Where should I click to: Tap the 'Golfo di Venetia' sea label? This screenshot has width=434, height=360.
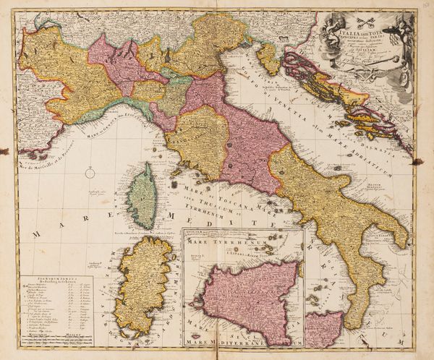click(282, 87)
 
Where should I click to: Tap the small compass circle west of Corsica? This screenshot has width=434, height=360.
click(90, 173)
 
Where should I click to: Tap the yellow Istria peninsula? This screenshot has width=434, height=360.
click(269, 59)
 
